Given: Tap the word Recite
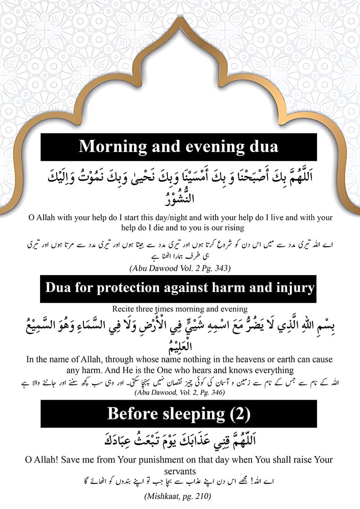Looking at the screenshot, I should pyautogui.click(x=127, y=309).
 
